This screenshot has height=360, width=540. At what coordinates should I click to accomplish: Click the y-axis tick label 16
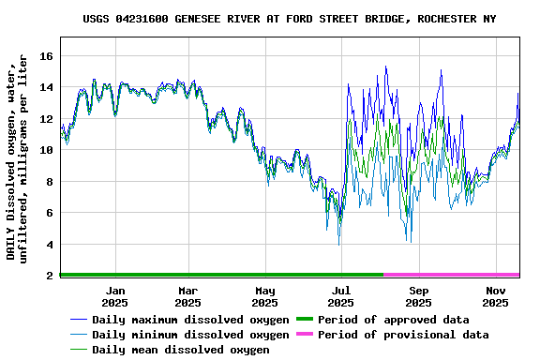46,56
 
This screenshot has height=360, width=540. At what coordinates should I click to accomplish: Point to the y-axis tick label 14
46,87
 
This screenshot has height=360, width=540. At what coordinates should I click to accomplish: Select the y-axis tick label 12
46,119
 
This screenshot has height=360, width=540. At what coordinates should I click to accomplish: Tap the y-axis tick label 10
46,150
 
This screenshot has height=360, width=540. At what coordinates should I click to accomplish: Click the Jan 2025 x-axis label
114,297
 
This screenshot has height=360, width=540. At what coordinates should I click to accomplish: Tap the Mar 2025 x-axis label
187,297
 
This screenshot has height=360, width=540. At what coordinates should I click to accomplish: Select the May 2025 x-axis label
265,297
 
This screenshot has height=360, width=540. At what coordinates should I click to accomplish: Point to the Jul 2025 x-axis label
341,297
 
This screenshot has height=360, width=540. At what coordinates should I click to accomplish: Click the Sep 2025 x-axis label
419,297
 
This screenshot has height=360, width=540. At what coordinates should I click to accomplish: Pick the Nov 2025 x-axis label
496,297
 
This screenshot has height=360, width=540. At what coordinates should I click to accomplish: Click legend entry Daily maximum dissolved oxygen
190,320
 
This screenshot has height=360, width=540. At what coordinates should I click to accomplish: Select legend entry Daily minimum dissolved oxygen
190,335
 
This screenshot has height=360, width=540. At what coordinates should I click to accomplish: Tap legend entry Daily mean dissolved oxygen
181,350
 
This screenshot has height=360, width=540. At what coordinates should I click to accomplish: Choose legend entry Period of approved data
393,320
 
